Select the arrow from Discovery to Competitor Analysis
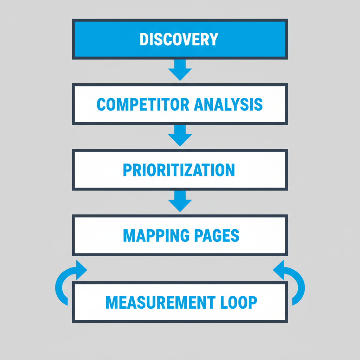(180, 69)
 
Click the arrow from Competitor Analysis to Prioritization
(180, 135)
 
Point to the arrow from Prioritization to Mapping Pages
(180, 201)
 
